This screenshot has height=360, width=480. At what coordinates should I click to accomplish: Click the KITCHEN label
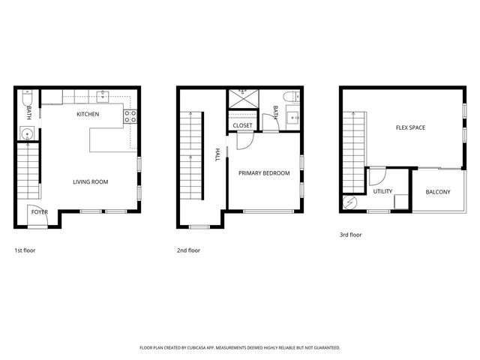pyautogui.click(x=88, y=115)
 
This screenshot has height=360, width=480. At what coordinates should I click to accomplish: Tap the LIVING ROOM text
pyautogui.click(x=91, y=182)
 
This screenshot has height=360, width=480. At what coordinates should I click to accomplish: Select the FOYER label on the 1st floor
pyautogui.click(x=39, y=212)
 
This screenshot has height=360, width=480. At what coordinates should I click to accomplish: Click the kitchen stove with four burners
pyautogui.click(x=130, y=116)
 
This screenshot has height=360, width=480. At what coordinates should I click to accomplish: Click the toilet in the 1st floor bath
pyautogui.click(x=27, y=98)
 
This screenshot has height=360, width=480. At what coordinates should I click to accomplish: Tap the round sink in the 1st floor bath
pyautogui.click(x=27, y=134)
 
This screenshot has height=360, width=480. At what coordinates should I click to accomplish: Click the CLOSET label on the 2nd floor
pyautogui.click(x=242, y=126)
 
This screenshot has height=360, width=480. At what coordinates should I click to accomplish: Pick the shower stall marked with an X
pyautogui.click(x=242, y=100)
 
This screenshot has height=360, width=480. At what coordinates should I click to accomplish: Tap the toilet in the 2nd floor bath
pyautogui.click(x=290, y=97)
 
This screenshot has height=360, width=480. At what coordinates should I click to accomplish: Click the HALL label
pyautogui.click(x=217, y=154)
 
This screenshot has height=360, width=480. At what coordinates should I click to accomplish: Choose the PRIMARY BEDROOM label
pyautogui.click(x=264, y=173)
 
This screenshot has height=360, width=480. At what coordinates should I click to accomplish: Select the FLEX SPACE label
pyautogui.click(x=410, y=127)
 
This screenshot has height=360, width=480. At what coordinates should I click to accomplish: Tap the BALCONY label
pyautogui.click(x=437, y=193)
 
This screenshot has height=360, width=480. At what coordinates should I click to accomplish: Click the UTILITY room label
pyautogui.click(x=382, y=191)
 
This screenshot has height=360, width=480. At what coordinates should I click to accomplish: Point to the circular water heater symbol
pyautogui.click(x=350, y=202)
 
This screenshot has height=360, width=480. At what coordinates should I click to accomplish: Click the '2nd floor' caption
pyautogui.click(x=188, y=250)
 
